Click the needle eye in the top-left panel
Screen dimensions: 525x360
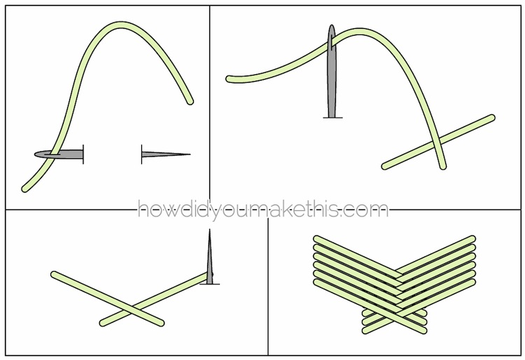click(55, 154)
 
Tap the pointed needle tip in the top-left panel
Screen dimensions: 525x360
click(190, 154)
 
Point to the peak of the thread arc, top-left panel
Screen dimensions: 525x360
click(121, 25)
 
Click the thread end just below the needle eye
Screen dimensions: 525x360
click(25, 189)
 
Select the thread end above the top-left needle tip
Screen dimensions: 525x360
click(190, 101)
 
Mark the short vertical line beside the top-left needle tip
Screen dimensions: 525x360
click(141, 154)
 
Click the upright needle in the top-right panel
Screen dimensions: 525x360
click(332, 71)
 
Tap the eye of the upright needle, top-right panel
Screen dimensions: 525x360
click(332, 42)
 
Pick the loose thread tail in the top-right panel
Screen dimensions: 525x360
click(230, 79)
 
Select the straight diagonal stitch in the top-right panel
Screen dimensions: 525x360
click(439, 141)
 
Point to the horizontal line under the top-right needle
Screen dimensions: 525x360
click(332, 118)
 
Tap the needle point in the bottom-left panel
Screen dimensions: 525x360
click(209, 230)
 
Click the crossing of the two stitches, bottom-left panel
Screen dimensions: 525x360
click(132, 309)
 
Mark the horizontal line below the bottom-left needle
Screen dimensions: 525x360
click(209, 284)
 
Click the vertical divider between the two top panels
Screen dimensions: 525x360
click(210, 107)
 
